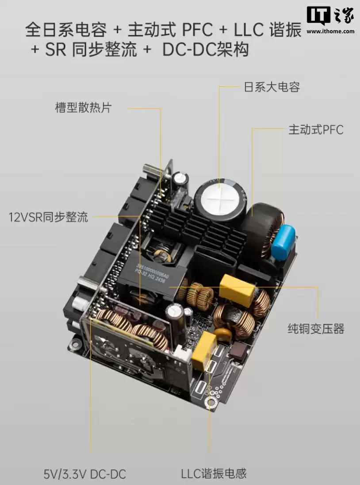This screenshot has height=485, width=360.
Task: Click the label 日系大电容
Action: [272, 87]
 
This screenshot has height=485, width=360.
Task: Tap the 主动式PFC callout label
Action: [315, 130]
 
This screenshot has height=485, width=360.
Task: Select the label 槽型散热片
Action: [83, 108]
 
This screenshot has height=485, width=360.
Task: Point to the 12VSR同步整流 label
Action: [49, 217]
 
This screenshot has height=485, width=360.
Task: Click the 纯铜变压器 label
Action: [316, 329]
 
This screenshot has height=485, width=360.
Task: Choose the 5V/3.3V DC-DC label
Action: [85, 474]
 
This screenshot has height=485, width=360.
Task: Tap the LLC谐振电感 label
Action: [214, 474]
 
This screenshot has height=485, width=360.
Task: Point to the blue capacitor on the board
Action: [283, 241]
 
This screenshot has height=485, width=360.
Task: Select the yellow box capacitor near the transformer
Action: [237, 288]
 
